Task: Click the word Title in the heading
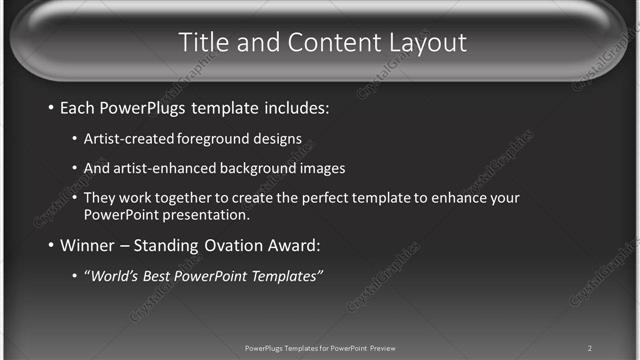pyautogui.click(x=204, y=42)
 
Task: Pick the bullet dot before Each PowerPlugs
pyautogui.click(x=51, y=107)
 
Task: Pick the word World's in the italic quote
pyautogui.click(x=111, y=276)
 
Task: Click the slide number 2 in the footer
pyautogui.click(x=590, y=348)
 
